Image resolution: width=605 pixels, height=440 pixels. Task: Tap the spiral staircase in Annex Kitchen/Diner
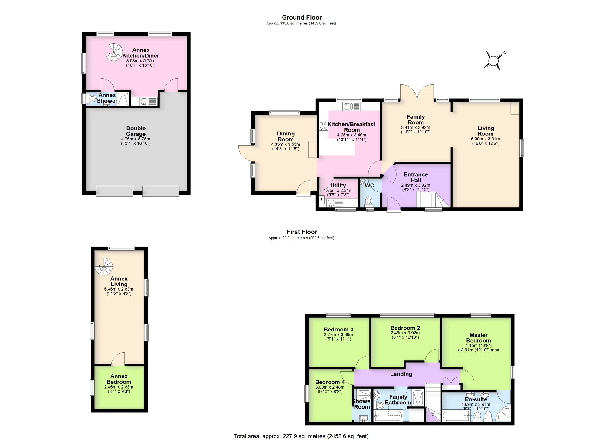[x=114, y=52]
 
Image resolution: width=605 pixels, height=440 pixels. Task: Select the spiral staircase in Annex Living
[x=104, y=266]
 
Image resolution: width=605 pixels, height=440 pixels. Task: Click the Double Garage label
[x=136, y=131]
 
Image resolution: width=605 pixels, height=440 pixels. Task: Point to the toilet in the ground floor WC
[x=369, y=201]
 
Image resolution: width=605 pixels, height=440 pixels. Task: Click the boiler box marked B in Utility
[x=322, y=200]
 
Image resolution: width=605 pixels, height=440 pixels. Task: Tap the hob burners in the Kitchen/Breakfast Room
[x=323, y=126]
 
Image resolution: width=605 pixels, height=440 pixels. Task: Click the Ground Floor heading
[x=302, y=18]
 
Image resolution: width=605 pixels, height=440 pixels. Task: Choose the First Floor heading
[x=302, y=232]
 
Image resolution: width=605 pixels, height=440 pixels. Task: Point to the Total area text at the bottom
[x=301, y=436]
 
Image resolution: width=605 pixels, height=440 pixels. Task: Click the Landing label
[x=401, y=374]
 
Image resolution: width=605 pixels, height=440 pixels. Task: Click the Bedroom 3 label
[x=338, y=330]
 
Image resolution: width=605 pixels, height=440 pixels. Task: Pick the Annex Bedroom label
[x=119, y=379]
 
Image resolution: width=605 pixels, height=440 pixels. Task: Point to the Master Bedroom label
[x=478, y=337]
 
